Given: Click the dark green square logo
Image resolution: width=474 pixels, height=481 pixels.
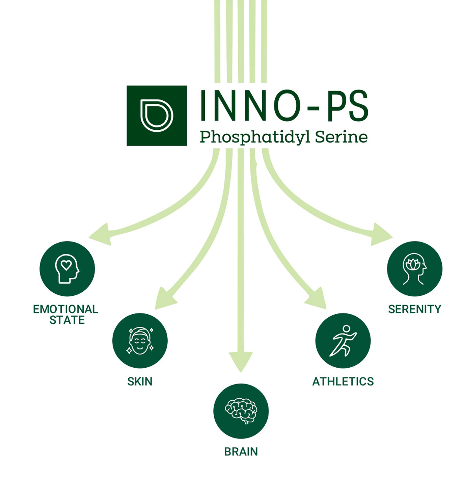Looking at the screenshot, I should (157, 116).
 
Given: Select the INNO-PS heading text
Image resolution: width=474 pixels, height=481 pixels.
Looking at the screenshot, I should (283, 105).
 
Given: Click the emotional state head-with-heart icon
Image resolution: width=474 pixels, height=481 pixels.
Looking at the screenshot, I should (67, 269).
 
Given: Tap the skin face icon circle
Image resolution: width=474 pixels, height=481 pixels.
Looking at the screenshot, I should (140, 341).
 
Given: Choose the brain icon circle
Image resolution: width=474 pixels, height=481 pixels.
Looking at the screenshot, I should (241, 411).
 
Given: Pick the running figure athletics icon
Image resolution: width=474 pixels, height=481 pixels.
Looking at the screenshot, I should (343, 341).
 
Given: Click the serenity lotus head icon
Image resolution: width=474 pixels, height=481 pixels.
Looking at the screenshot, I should (415, 269).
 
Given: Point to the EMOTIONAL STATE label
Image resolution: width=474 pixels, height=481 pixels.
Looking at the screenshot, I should (66, 315).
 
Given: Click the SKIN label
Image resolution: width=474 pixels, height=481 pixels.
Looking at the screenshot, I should (140, 381).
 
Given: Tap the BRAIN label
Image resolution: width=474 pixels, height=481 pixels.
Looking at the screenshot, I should (241, 452).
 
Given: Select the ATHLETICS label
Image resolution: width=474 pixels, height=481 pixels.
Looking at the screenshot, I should (343, 381).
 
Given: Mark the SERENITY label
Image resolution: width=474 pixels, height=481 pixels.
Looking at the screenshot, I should (415, 309).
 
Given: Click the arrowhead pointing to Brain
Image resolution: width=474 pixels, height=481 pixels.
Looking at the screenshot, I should (241, 361).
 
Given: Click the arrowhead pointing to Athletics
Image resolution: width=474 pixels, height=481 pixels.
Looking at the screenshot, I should (317, 298).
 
